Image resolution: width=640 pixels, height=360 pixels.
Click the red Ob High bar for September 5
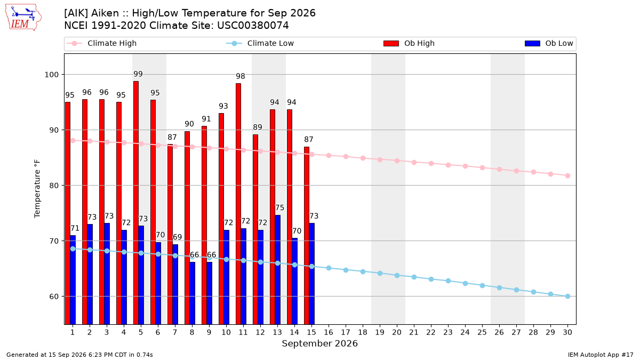pyautogui.click(x=136, y=203)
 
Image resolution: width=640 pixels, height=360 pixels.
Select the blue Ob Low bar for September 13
pyautogui.click(x=277, y=270)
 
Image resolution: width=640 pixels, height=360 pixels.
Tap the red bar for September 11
pyautogui.click(x=238, y=204)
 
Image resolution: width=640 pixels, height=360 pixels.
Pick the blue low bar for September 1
pyautogui.click(x=73, y=280)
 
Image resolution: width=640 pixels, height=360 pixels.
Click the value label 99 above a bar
pyautogui.click(x=138, y=74)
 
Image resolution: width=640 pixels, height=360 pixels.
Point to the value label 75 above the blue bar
pyautogui.click(x=279, y=207)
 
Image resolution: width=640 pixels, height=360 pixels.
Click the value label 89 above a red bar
pyautogui.click(x=258, y=127)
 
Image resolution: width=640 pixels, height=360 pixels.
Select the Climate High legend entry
pyautogui.click(x=101, y=43)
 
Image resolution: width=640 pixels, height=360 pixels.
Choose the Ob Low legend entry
pyautogui.click(x=549, y=43)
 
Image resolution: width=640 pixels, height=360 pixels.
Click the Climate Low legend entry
pyautogui.click(x=260, y=43)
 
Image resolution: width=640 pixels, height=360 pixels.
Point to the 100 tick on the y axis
pyautogui.click(x=51, y=75)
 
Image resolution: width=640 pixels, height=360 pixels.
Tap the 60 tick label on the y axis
pyautogui.click(x=54, y=297)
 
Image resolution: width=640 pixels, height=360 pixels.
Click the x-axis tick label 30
pyautogui.click(x=567, y=332)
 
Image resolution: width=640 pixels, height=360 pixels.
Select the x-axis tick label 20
pyautogui.click(x=397, y=332)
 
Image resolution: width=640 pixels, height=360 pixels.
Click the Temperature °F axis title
pyautogui.click(x=37, y=189)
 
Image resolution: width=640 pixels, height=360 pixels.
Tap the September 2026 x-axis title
pyautogui.click(x=319, y=343)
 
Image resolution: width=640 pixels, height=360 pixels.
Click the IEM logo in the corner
pyautogui.click(x=23, y=18)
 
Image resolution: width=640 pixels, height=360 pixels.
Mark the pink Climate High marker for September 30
pyautogui.click(x=567, y=175)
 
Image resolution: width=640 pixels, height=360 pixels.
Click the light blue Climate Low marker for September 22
pyautogui.click(x=431, y=279)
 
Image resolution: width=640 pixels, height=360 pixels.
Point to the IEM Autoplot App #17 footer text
pyautogui.click(x=601, y=355)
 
